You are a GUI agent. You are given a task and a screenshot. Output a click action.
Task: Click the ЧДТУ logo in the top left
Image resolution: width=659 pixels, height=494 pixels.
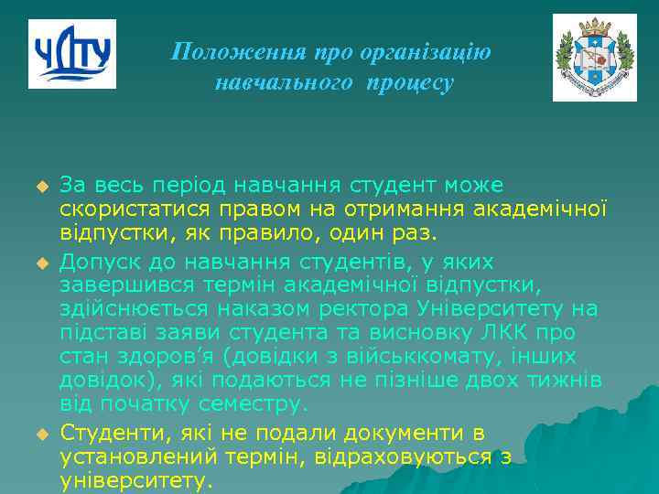72,54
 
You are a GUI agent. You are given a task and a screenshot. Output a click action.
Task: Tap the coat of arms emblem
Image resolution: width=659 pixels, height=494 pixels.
594,57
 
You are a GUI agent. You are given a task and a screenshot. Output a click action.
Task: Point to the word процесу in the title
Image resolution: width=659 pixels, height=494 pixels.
409,83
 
